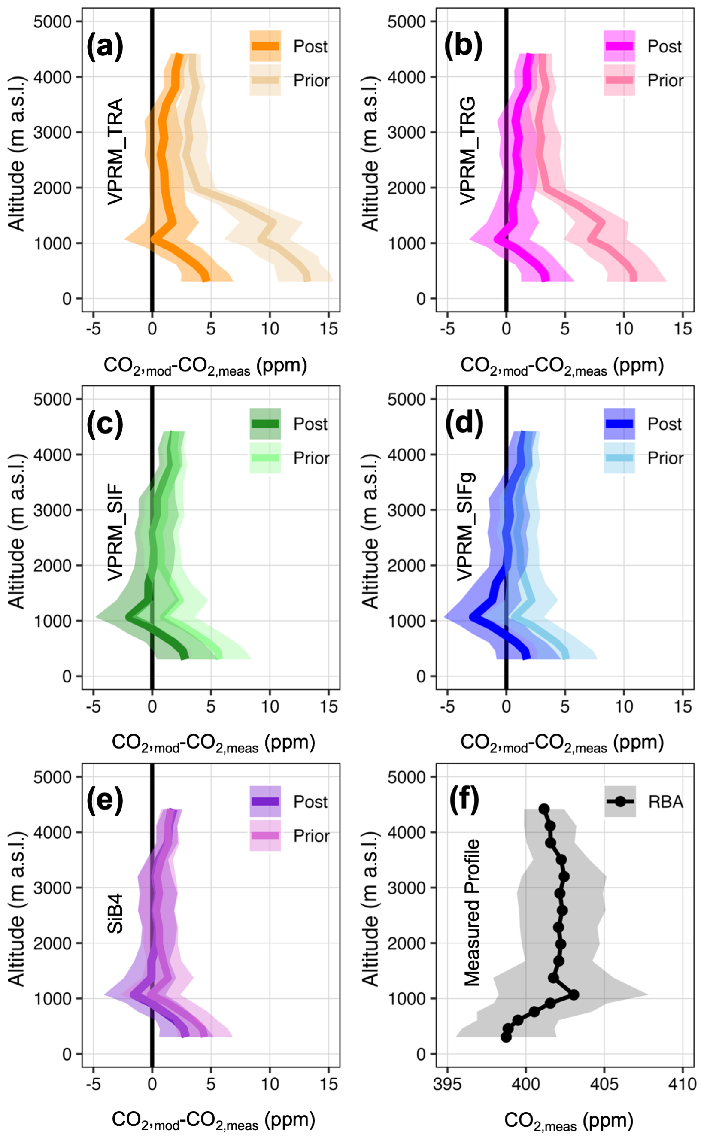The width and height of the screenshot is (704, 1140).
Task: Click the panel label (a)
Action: [105, 47]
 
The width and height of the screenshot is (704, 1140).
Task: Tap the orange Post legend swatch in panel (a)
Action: [265, 46]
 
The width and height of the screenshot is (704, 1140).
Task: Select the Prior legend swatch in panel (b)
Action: [619, 80]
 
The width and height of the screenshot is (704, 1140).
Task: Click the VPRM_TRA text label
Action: [115, 151]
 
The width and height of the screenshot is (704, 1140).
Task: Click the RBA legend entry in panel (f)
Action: [644, 802]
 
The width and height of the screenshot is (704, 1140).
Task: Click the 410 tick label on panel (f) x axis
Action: [682, 1084]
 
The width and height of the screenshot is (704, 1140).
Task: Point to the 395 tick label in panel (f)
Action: [447, 1084]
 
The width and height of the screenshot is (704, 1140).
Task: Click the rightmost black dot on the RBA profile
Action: [574, 994]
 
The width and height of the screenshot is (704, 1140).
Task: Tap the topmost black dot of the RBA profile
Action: [544, 809]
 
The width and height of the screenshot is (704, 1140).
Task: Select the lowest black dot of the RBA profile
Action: [506, 1037]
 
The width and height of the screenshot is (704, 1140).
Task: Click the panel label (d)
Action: [464, 424]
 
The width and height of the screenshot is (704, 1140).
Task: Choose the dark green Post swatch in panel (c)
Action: [265, 424]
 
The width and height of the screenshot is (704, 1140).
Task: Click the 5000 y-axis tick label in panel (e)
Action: [52, 777]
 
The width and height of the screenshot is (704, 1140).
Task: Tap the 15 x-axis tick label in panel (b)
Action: [682, 329]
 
